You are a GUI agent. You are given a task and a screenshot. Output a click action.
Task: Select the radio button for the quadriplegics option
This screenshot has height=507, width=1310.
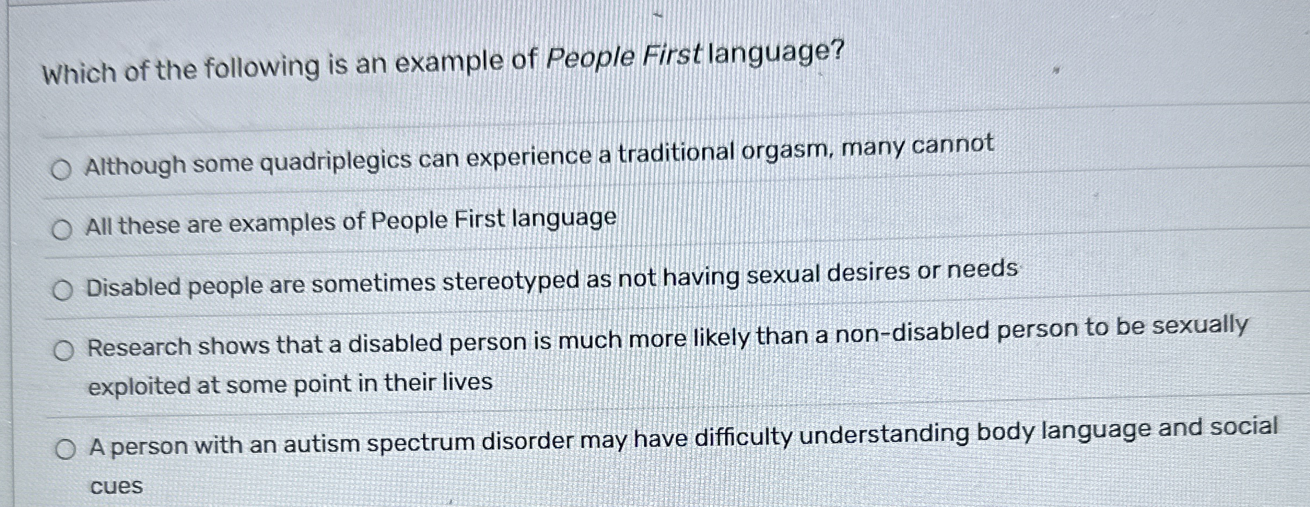[61, 169]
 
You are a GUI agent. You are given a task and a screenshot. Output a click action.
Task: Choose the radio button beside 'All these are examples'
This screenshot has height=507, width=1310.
[62, 229]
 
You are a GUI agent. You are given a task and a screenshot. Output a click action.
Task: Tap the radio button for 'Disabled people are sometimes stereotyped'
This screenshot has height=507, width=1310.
[63, 290]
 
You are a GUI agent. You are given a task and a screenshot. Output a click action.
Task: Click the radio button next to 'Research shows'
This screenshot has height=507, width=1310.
[64, 350]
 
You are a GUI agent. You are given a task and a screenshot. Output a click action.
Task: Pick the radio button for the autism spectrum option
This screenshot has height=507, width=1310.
[66, 450]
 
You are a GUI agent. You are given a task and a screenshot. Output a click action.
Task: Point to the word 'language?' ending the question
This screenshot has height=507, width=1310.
[776, 54]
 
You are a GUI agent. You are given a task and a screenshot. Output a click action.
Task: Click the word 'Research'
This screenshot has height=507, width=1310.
[138, 347]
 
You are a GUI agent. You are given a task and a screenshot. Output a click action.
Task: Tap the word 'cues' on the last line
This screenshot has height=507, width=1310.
[116, 486]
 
